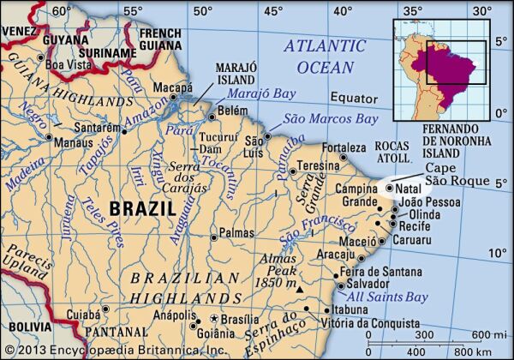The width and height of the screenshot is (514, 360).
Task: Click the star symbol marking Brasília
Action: point(214,317)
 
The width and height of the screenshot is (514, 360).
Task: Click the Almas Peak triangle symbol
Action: point(298,290)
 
